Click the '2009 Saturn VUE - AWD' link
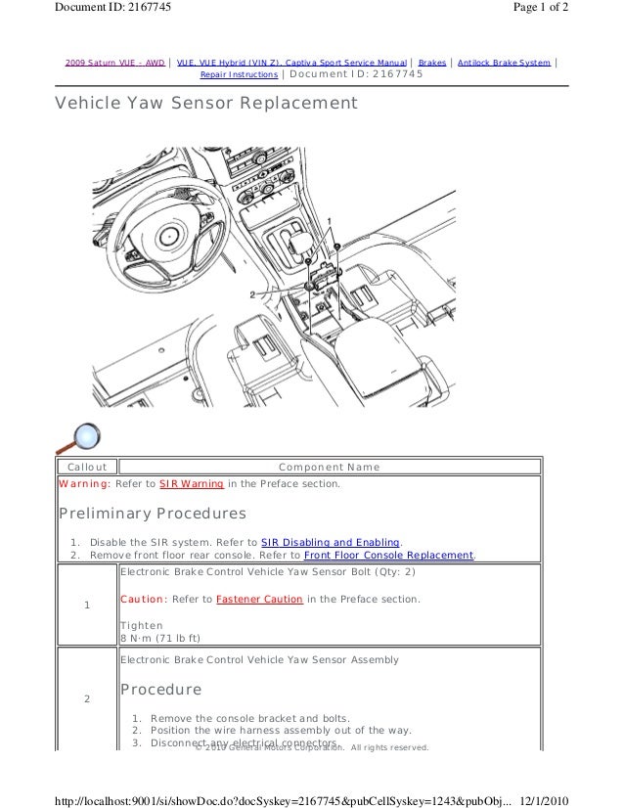point(114,63)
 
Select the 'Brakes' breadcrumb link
point(431,63)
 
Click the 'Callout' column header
point(87,468)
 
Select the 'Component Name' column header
point(329,468)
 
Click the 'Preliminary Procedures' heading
point(153,514)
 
